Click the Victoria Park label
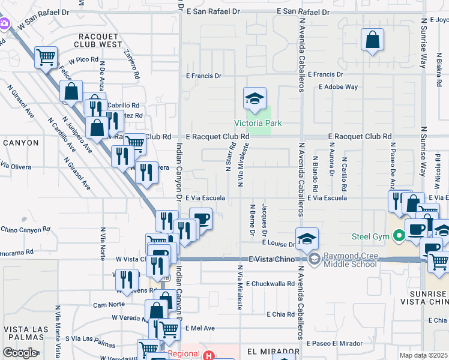click(x=258, y=124)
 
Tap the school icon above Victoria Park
click(x=255, y=98)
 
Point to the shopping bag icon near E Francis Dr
click(x=372, y=41)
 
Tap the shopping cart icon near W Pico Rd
click(x=46, y=58)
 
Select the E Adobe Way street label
click(x=339, y=87)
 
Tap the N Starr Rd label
click(x=230, y=157)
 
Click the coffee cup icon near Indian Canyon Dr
click(x=201, y=219)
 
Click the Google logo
click(x=20, y=353)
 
